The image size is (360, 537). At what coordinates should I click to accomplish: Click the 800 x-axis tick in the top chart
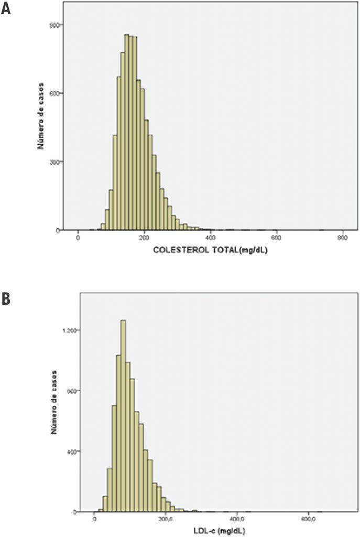[342, 239]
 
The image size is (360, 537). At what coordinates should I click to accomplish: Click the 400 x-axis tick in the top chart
[210, 239]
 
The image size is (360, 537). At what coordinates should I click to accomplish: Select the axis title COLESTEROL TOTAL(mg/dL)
[214, 251]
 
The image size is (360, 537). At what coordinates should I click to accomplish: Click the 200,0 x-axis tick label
[166, 520]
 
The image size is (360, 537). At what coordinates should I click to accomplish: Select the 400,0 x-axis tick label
[237, 520]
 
